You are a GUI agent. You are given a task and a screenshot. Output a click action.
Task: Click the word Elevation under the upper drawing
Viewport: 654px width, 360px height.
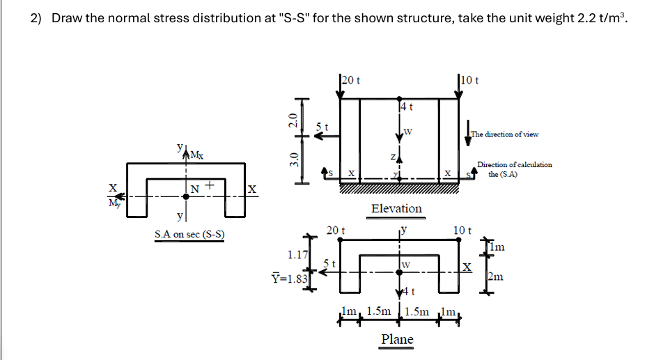pyautogui.click(x=396, y=209)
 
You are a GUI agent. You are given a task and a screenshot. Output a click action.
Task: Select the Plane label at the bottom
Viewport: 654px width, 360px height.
pyautogui.click(x=396, y=339)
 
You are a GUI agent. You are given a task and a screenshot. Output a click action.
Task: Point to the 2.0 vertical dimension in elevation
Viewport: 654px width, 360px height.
pyautogui.click(x=293, y=119)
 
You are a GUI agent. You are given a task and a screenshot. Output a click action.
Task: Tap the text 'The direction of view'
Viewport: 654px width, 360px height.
pyautogui.click(x=505, y=134)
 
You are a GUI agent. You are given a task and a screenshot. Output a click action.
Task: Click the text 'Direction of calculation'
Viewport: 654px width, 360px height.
pyautogui.click(x=515, y=164)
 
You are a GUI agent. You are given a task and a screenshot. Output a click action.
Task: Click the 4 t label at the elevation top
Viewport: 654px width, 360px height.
pyautogui.click(x=407, y=107)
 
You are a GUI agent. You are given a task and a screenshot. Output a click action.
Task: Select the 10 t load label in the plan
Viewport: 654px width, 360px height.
pyautogui.click(x=462, y=230)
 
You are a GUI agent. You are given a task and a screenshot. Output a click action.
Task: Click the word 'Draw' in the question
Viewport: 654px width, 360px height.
pyautogui.click(x=67, y=19)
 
